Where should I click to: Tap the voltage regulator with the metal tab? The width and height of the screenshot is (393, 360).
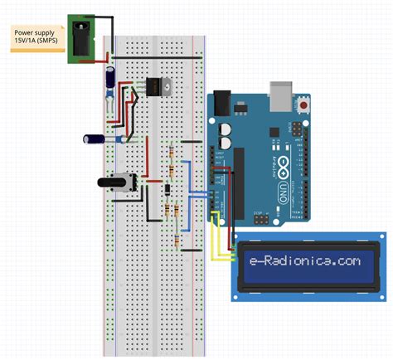[x=156, y=86]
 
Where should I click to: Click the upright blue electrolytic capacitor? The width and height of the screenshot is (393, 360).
[x=109, y=80]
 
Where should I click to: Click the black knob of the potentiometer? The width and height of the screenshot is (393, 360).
[x=113, y=182]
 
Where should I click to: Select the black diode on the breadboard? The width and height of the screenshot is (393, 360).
[x=167, y=190]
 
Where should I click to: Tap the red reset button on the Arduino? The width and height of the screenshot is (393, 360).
[x=304, y=105]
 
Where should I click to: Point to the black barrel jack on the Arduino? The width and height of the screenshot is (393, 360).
[x=221, y=103]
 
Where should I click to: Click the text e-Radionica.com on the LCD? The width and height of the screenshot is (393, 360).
[x=305, y=260]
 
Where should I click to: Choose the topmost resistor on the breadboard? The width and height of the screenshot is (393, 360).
[x=171, y=153]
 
